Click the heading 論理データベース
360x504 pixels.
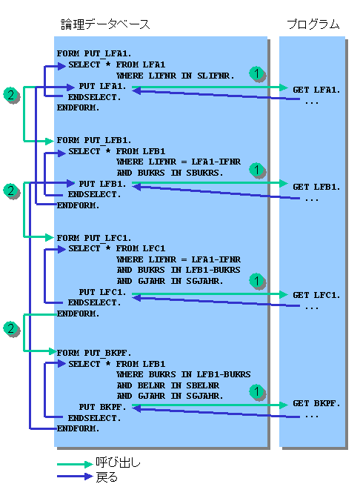click(105, 24)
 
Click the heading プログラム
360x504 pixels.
click(313, 24)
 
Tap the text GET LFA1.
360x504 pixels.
click(316, 90)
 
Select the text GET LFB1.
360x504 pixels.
click(316, 187)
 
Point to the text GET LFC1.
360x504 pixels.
click(316, 295)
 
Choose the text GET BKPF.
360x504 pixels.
click(316, 403)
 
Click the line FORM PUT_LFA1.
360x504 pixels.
click(94, 53)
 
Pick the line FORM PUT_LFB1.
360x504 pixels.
click(94, 141)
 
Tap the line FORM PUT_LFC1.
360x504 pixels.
click(94, 238)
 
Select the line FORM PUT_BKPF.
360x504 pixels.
click(94, 353)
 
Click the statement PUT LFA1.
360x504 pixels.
click(102, 87)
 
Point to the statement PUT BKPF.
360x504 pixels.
click(102, 407)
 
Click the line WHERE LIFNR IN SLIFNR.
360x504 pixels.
click(176, 76)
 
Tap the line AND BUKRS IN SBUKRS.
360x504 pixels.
click(170, 173)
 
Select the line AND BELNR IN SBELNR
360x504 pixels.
click(168, 385)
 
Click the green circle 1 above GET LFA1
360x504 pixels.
click(256, 73)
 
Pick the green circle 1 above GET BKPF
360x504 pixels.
click(256, 391)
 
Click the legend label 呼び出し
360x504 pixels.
click(119, 462)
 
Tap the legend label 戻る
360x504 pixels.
click(107, 477)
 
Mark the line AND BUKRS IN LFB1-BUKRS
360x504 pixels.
click(179, 270)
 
